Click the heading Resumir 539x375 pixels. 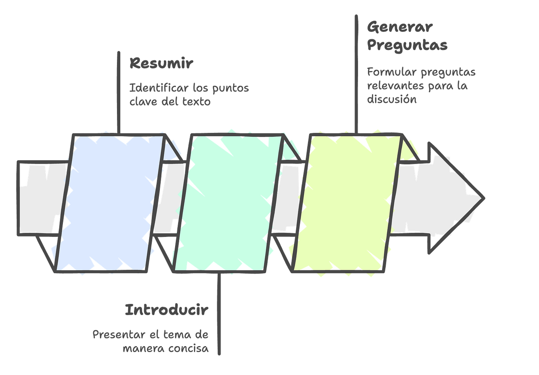point(161,64)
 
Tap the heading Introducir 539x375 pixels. point(166,310)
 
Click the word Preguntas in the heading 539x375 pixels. point(407,45)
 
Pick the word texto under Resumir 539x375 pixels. point(196,102)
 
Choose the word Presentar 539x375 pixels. point(118,335)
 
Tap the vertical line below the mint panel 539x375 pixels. point(219,315)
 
